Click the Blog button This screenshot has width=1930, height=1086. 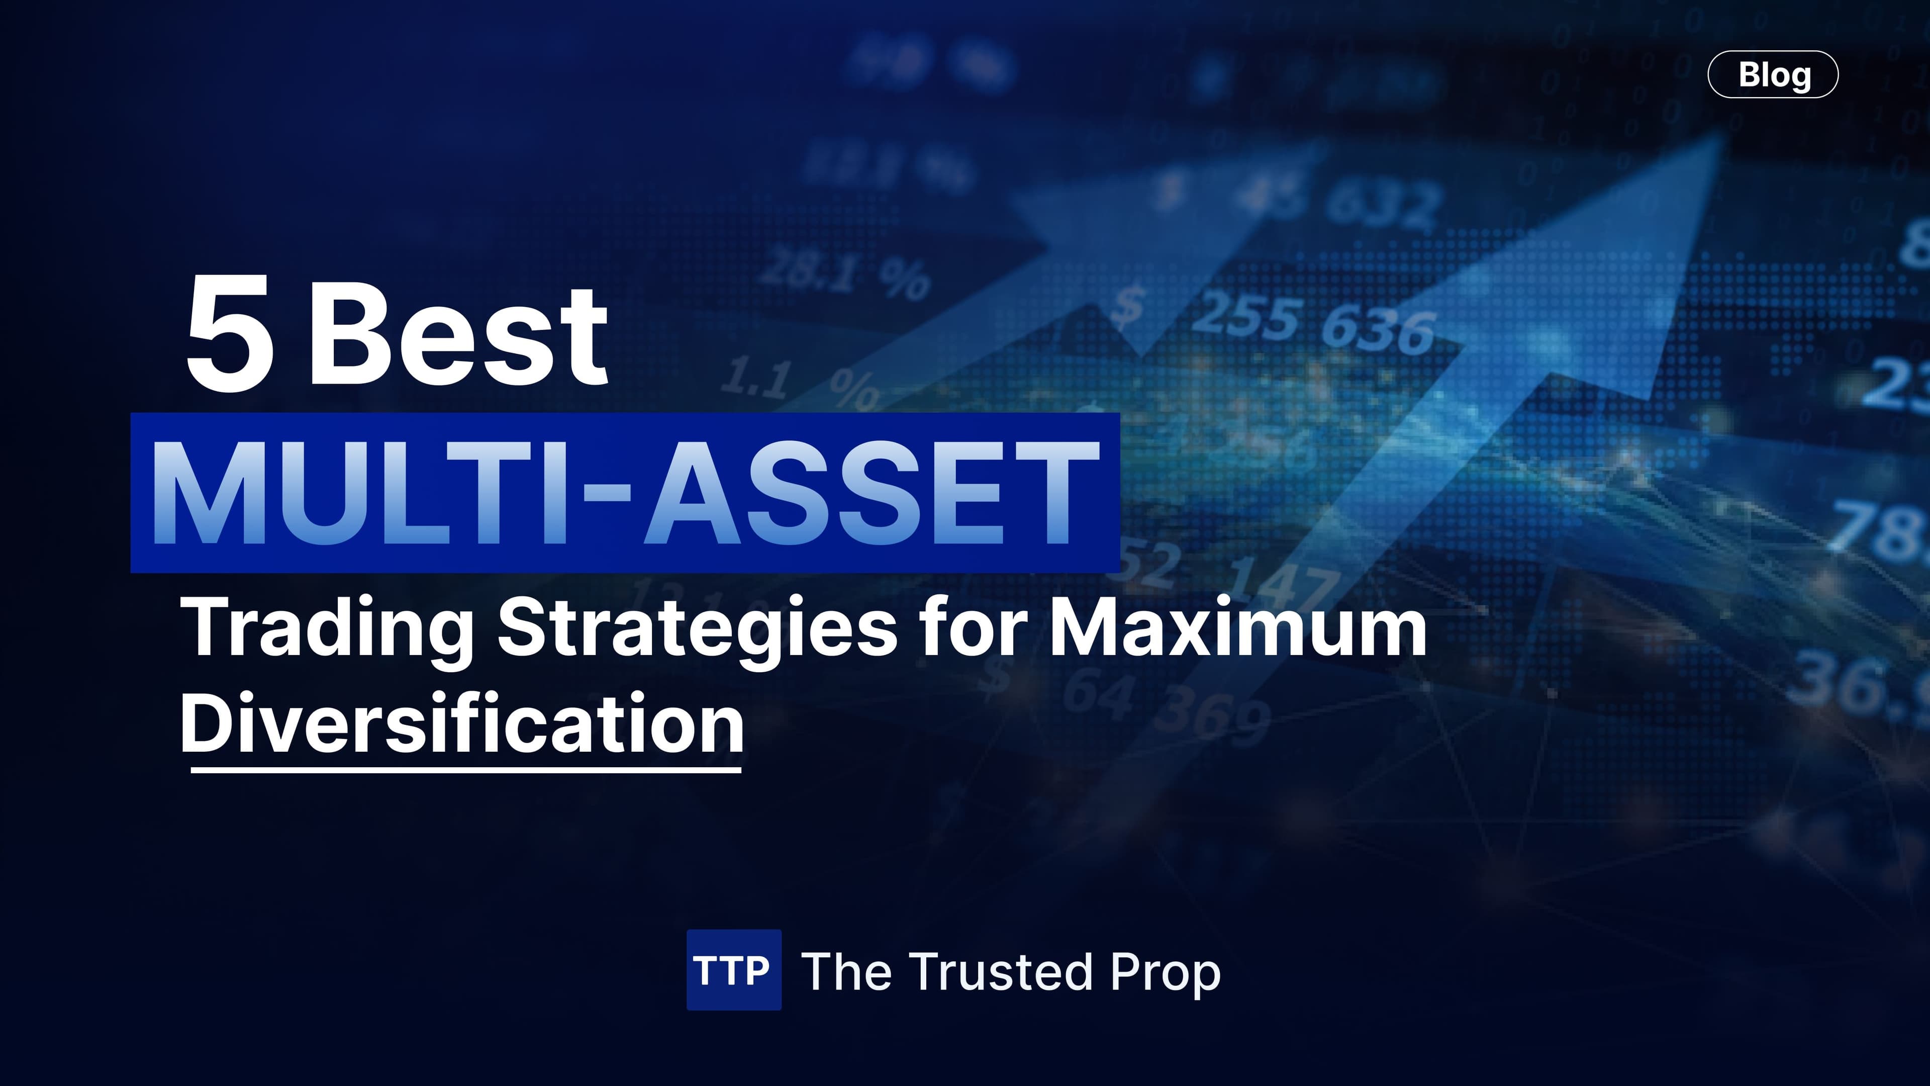click(x=1773, y=74)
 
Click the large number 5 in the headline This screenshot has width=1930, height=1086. click(x=229, y=333)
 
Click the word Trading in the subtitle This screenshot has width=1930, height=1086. click(x=327, y=628)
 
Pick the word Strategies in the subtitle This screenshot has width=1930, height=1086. click(x=697, y=628)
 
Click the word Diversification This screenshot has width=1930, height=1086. click(x=461, y=723)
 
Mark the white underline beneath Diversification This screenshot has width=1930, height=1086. click(x=465, y=769)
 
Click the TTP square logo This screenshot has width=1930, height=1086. click(x=733, y=970)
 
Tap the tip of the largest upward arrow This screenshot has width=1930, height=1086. click(x=1716, y=139)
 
